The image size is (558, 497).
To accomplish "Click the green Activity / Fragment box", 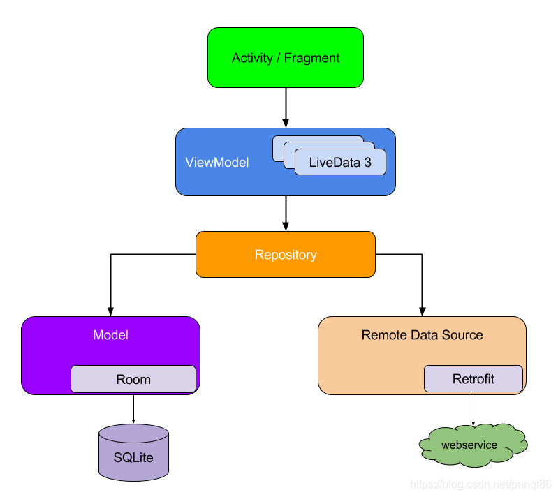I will pyautogui.click(x=286, y=57).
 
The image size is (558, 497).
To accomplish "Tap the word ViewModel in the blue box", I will pyautogui.click(x=216, y=162).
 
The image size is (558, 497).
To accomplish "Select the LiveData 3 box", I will pyautogui.click(x=339, y=163).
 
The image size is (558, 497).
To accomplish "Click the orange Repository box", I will pyautogui.click(x=285, y=255).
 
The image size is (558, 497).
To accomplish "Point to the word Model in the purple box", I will pyautogui.click(x=110, y=335).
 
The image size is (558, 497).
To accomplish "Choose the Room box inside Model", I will pyautogui.click(x=133, y=379).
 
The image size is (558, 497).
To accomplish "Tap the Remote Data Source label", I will pyautogui.click(x=422, y=335).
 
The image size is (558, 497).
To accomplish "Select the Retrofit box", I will pyautogui.click(x=473, y=379).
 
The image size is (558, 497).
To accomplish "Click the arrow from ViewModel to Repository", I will pyautogui.click(x=286, y=212).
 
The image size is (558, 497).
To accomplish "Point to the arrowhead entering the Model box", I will pyautogui.click(x=110, y=311).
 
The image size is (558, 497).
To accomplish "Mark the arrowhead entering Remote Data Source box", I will pyautogui.click(x=422, y=311).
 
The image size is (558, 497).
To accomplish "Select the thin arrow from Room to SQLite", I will pyautogui.click(x=133, y=408).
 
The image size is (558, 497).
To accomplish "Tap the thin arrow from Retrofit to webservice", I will pyautogui.click(x=473, y=408).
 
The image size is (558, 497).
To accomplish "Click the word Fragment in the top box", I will pyautogui.click(x=312, y=58).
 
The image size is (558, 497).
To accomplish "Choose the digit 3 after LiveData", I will pyautogui.click(x=367, y=163).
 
